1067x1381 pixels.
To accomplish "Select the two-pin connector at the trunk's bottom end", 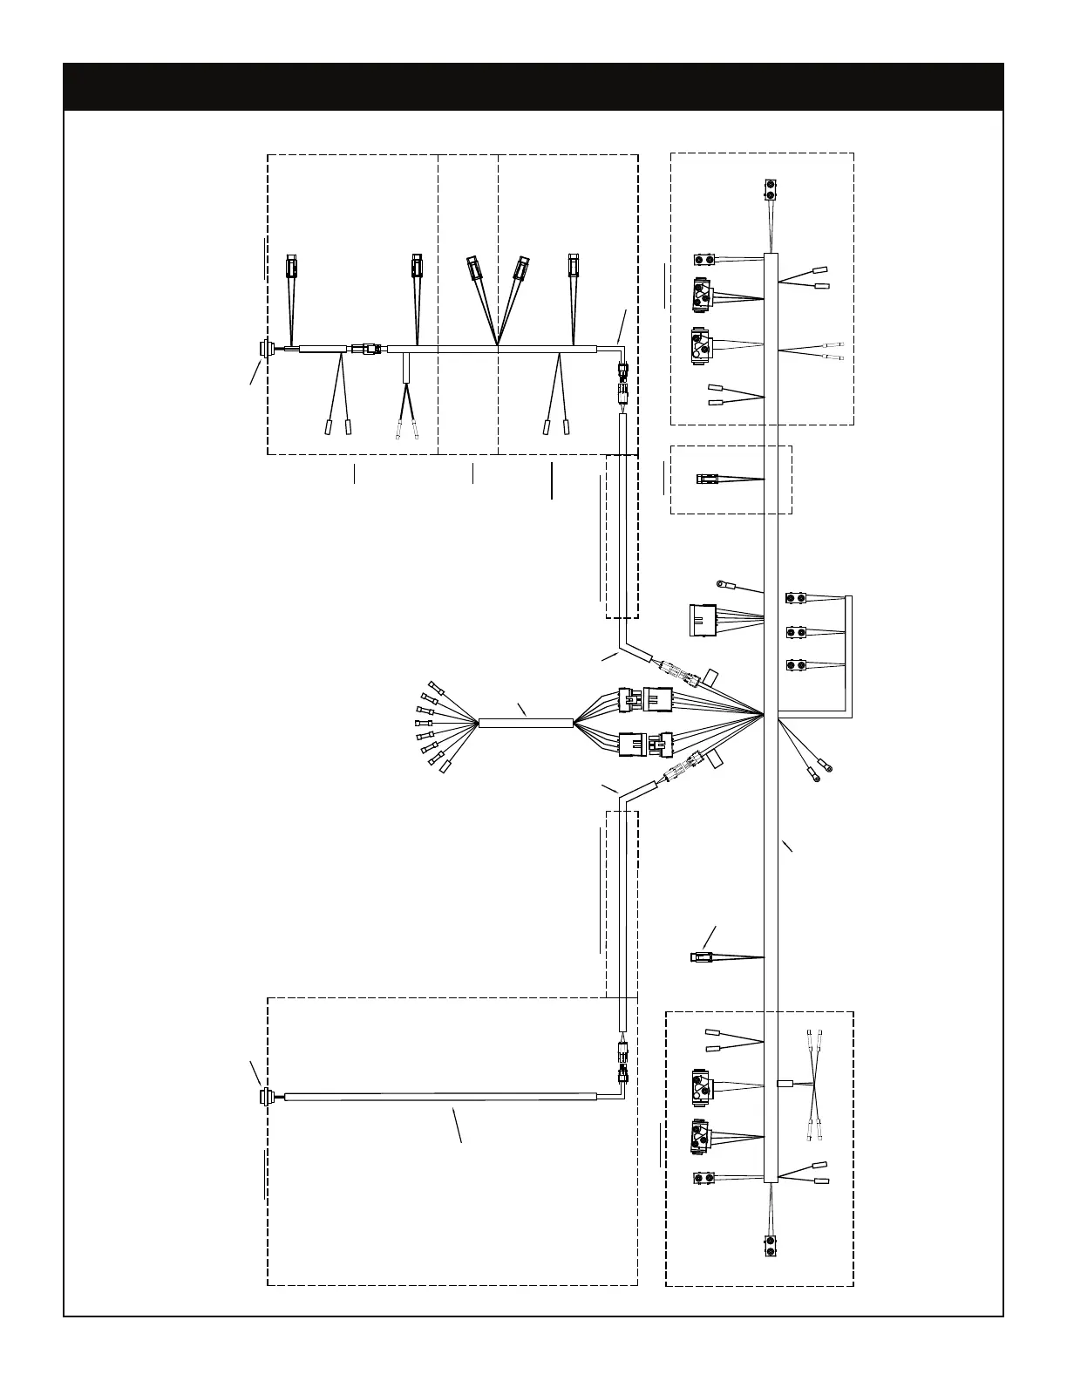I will pos(771,1246).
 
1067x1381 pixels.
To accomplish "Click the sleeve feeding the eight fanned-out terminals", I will pos(526,723).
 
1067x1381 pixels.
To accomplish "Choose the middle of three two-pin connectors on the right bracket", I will pos(796,632).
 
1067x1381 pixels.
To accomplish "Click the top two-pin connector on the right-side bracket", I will pos(796,598).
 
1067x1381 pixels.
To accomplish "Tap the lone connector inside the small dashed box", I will pos(706,479).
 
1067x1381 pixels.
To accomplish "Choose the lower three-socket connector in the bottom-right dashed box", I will pos(700,1135).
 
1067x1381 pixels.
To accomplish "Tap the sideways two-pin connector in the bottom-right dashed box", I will pos(704,1179).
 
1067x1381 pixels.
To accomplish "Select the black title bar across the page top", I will pos(533,86).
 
